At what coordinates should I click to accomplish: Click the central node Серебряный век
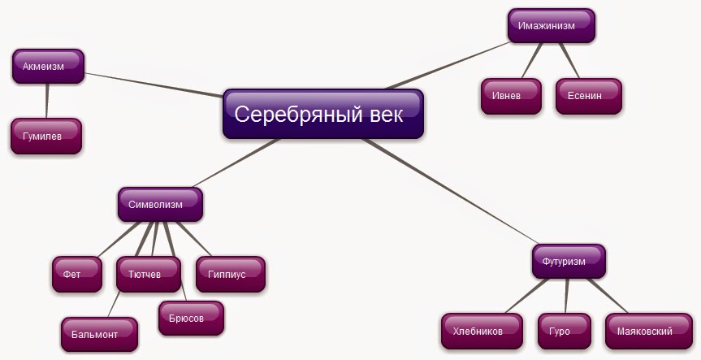[323, 114]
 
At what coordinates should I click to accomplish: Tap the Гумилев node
[46, 136]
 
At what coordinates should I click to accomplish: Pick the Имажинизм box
[552, 26]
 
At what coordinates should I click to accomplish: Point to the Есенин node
[588, 96]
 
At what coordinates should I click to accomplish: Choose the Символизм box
[160, 205]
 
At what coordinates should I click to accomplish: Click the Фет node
[77, 275]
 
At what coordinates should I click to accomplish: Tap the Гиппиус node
[230, 275]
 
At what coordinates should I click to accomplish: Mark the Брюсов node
[191, 319]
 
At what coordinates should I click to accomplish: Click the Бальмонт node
[99, 334]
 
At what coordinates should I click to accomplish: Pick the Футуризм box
[569, 262]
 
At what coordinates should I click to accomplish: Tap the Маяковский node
[643, 332]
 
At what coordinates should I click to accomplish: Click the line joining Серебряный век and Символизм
[236, 163]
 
